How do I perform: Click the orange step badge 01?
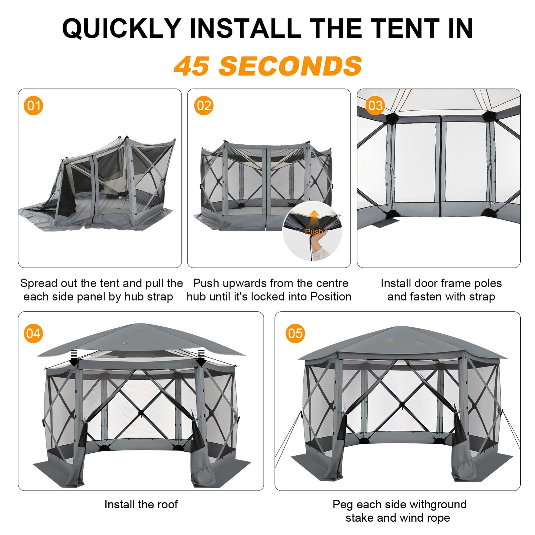[x=33, y=106]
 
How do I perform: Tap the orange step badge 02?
[x=204, y=106]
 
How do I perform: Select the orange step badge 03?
[x=375, y=106]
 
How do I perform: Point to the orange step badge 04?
[x=33, y=333]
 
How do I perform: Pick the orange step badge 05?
[x=295, y=333]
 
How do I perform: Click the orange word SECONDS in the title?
[x=290, y=66]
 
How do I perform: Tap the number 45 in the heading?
[x=192, y=66]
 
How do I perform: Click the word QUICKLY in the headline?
[x=122, y=28]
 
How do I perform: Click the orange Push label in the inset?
[x=314, y=231]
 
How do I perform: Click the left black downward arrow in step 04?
[x=74, y=357]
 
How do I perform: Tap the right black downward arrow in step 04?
[x=201, y=357]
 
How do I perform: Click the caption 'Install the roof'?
[x=141, y=504]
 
